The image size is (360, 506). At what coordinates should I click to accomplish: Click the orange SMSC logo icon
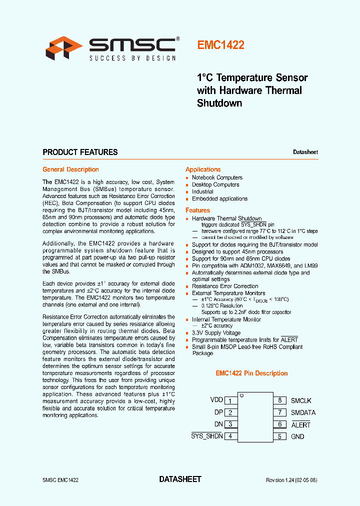click(x=64, y=48)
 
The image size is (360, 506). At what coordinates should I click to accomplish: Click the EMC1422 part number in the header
click(x=220, y=45)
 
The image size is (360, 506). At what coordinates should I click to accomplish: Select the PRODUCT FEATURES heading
click(x=80, y=152)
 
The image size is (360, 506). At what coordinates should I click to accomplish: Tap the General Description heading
click(x=70, y=169)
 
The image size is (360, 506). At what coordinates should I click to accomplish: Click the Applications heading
click(x=203, y=169)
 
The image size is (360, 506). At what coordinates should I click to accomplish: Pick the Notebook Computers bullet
click(x=217, y=177)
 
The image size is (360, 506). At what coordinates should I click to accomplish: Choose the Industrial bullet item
click(x=202, y=191)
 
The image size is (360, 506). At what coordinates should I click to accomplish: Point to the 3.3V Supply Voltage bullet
click(x=216, y=332)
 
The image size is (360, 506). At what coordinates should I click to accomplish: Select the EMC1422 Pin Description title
click(x=251, y=373)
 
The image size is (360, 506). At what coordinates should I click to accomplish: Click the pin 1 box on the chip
click(x=230, y=401)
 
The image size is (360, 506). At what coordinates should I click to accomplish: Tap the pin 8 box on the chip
click(x=280, y=400)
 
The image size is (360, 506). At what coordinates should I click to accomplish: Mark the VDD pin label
click(x=216, y=400)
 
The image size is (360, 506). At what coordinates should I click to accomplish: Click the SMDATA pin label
click(x=303, y=412)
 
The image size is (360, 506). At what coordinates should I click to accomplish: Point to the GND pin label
click(x=297, y=436)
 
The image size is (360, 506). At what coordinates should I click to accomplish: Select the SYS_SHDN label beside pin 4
click(x=206, y=436)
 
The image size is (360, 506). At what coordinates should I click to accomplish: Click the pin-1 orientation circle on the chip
click(x=241, y=395)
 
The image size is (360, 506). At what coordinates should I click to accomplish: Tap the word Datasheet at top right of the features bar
click(x=305, y=152)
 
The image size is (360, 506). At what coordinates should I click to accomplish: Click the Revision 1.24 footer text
click(x=291, y=480)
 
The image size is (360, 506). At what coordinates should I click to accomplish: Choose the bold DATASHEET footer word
click(x=180, y=479)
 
